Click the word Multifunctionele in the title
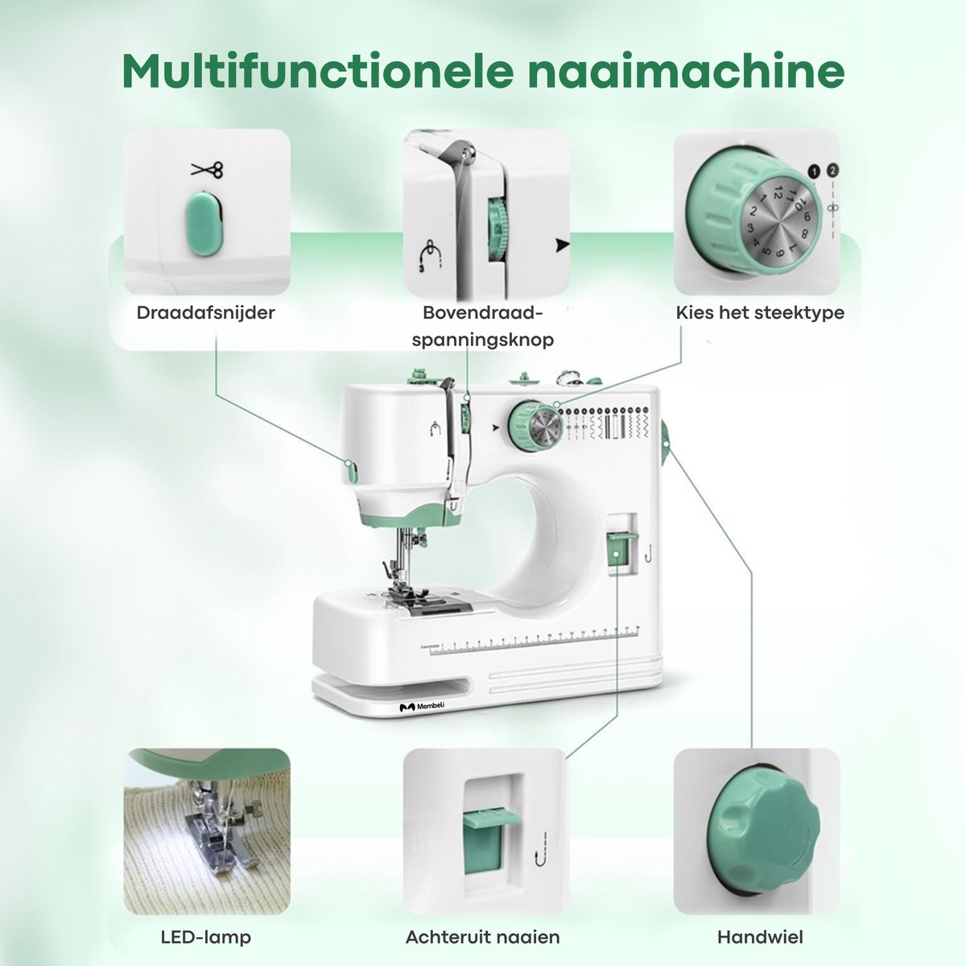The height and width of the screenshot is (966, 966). (x=318, y=70)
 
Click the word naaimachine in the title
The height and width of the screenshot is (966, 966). (x=687, y=71)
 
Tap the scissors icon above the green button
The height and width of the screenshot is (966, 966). (x=207, y=170)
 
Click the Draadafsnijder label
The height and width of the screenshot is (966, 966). (x=206, y=313)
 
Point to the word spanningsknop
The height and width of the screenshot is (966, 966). (x=483, y=340)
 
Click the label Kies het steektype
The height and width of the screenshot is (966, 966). (x=760, y=313)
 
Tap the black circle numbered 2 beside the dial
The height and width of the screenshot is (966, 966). (x=832, y=170)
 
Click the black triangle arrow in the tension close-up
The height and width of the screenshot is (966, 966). (x=563, y=246)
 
